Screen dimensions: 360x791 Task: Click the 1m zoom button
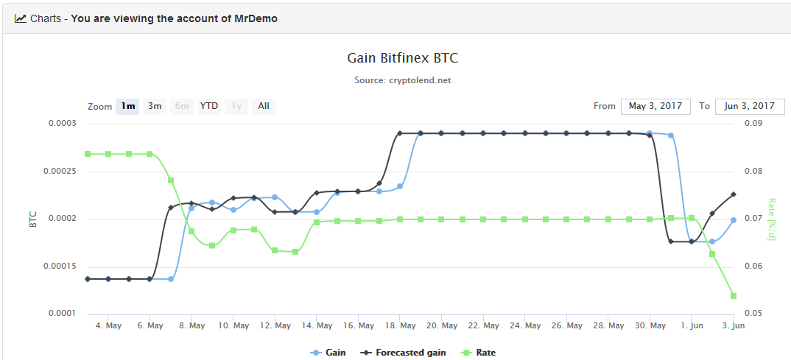128,106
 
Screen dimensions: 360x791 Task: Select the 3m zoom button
155,106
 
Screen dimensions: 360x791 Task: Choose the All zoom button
264,106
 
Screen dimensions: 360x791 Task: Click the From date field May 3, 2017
655,106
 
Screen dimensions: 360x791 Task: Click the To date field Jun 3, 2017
750,106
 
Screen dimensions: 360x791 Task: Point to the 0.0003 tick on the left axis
62,124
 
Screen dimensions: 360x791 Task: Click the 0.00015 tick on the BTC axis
60,267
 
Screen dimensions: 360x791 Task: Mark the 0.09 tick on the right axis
752,124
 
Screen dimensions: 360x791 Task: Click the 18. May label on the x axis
399,326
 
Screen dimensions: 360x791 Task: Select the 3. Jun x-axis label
733,326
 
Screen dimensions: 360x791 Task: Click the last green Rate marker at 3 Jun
734,296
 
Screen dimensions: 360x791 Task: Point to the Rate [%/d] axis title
772,219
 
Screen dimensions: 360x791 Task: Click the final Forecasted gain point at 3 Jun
734,194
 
